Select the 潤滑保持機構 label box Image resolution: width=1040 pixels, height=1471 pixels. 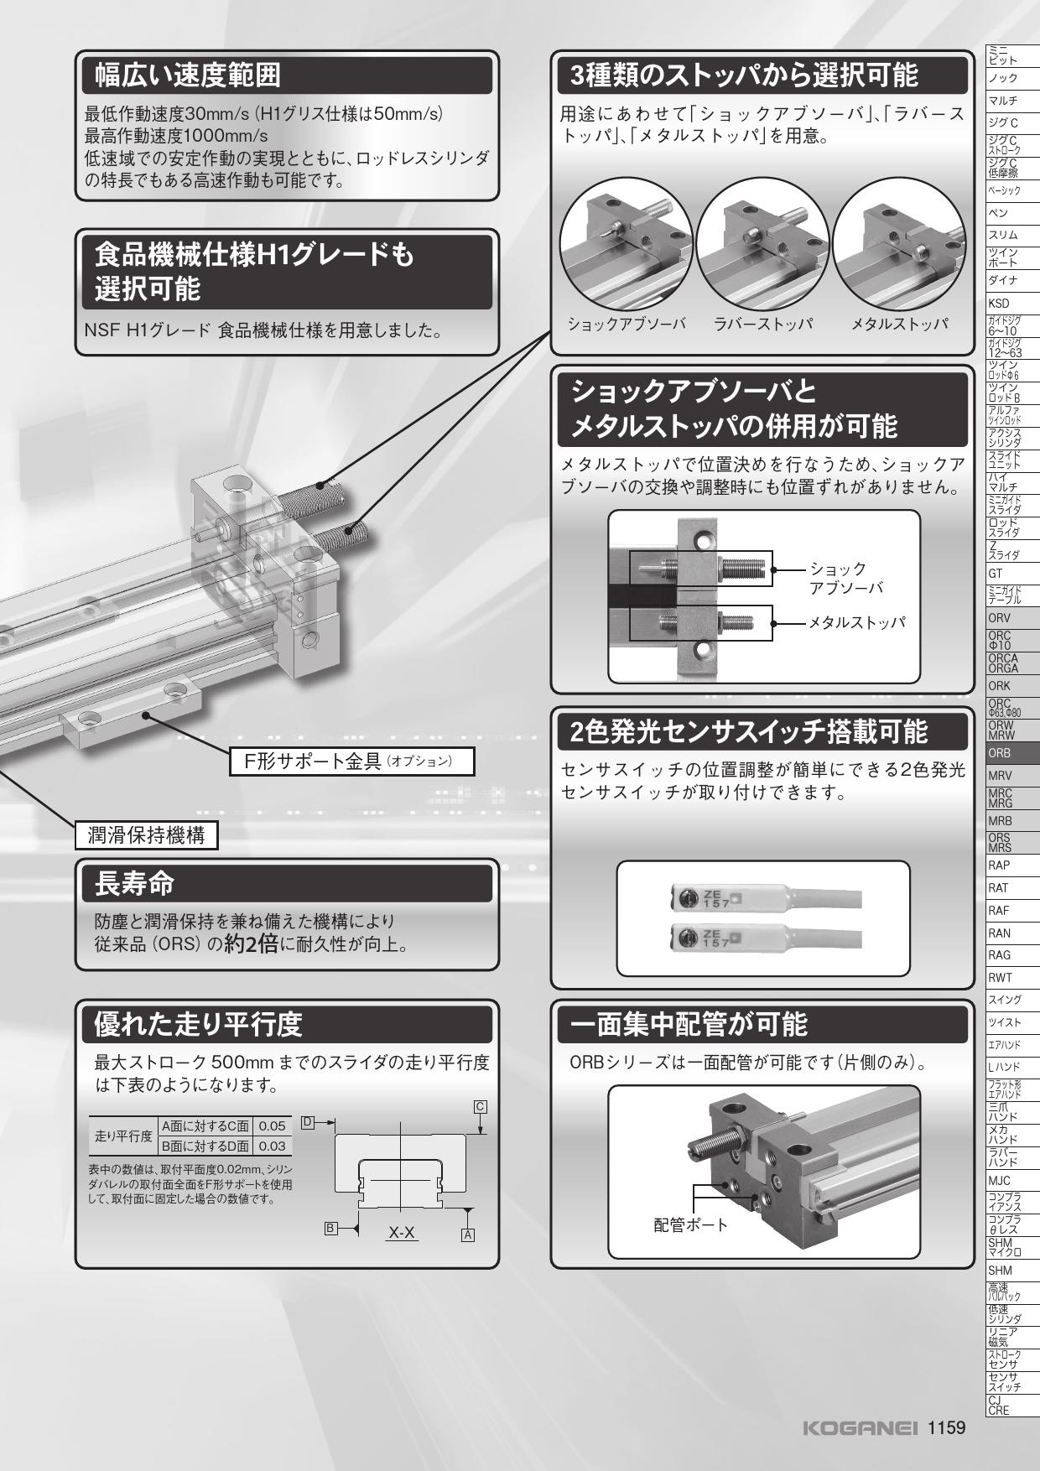click(146, 835)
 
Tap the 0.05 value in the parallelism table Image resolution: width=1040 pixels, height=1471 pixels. click(273, 1126)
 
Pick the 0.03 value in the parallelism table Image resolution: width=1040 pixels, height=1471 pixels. click(273, 1146)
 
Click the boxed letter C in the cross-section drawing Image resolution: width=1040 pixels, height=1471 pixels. click(481, 1106)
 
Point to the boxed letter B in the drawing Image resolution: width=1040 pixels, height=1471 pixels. click(331, 1229)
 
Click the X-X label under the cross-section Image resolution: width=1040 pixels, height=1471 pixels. click(402, 1232)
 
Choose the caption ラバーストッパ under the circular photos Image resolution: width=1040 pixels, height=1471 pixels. click(763, 324)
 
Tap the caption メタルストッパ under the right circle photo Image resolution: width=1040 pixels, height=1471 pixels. click(899, 324)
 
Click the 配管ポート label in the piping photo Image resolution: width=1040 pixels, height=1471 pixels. click(691, 1224)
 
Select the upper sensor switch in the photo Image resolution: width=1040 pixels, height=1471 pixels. click(730, 897)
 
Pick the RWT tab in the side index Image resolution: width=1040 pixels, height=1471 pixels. click(1000, 977)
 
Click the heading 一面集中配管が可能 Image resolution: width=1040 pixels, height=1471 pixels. click(688, 1024)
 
